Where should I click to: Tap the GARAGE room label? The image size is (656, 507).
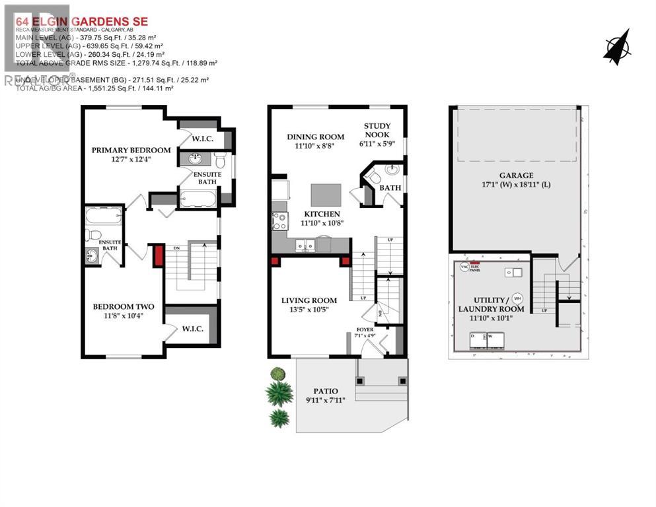click(x=516, y=175)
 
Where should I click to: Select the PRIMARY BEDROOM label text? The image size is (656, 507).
click(x=131, y=150)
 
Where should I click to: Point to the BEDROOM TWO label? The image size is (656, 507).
click(x=123, y=306)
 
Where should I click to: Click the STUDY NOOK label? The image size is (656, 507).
click(x=377, y=130)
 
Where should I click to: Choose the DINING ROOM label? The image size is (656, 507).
click(x=315, y=137)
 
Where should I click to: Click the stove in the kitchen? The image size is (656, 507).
click(x=279, y=220)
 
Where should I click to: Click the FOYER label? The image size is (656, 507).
click(x=365, y=329)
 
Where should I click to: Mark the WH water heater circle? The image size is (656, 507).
click(x=517, y=297)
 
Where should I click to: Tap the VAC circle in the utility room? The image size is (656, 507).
click(x=464, y=267)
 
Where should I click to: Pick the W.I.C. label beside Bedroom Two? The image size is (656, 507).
click(x=192, y=328)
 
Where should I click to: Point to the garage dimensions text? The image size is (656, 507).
click(x=516, y=184)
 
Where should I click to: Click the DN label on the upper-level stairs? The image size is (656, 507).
click(x=176, y=248)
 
